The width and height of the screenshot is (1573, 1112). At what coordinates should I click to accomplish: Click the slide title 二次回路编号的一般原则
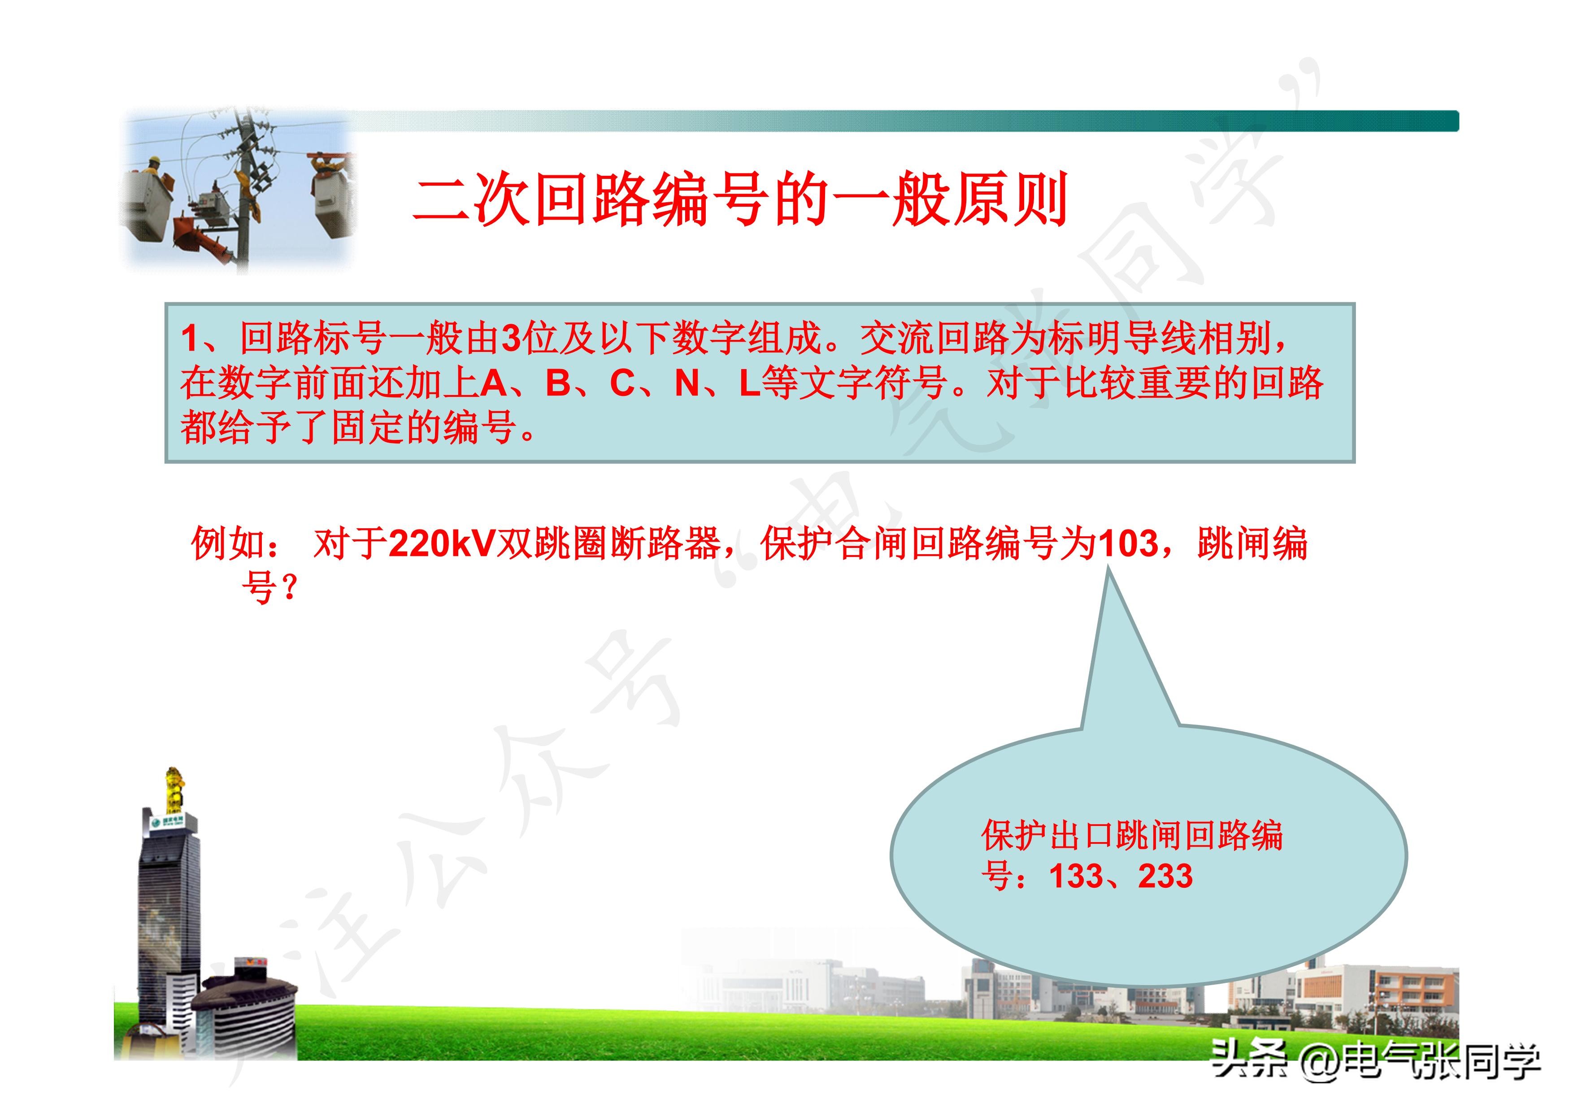pyautogui.click(x=740, y=200)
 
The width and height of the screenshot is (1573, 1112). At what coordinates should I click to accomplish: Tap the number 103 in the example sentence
pyautogui.click(x=1128, y=544)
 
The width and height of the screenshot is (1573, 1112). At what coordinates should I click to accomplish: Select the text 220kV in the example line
pyautogui.click(x=442, y=544)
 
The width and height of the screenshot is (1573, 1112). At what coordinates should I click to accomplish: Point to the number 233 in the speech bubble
pyautogui.click(x=1165, y=876)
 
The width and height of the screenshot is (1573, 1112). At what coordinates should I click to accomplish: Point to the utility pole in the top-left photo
pyautogui.click(x=243, y=192)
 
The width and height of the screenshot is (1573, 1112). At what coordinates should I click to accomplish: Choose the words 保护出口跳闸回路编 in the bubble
pyautogui.click(x=1131, y=835)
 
